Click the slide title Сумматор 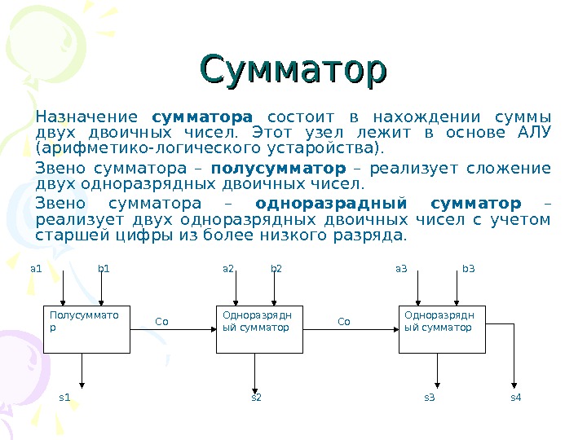pyautogui.click(x=293, y=70)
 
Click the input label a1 pyautogui.click(x=35, y=267)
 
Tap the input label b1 pyautogui.click(x=104, y=267)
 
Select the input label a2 pyautogui.click(x=228, y=267)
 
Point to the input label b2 pyautogui.click(x=276, y=267)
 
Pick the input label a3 pyautogui.click(x=401, y=267)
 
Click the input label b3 pyautogui.click(x=468, y=267)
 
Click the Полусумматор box pyautogui.click(x=86, y=329)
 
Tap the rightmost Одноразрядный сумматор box pyautogui.click(x=442, y=329)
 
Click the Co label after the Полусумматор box pyautogui.click(x=161, y=322)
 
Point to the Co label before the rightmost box pyautogui.click(x=343, y=322)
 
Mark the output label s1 pyautogui.click(x=65, y=398)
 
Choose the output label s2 pyautogui.click(x=255, y=398)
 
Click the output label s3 pyautogui.click(x=429, y=398)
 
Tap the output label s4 pyautogui.click(x=515, y=398)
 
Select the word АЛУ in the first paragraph pyautogui.click(x=535, y=133)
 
